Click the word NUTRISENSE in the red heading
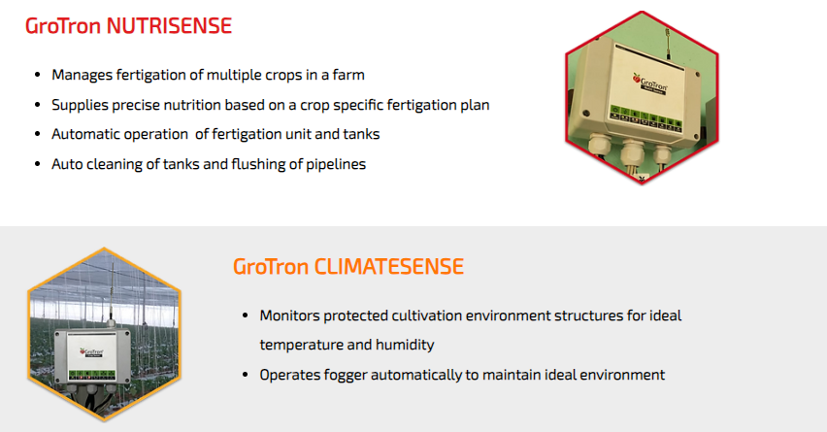(x=169, y=26)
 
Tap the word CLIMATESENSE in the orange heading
(x=388, y=266)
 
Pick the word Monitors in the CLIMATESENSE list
(x=289, y=316)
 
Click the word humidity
(x=405, y=345)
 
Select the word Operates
(x=289, y=375)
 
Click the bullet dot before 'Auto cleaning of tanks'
(x=38, y=164)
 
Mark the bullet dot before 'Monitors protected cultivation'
(x=246, y=316)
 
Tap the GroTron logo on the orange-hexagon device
(x=91, y=352)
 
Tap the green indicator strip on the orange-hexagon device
(x=92, y=375)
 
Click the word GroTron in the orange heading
(x=271, y=266)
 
